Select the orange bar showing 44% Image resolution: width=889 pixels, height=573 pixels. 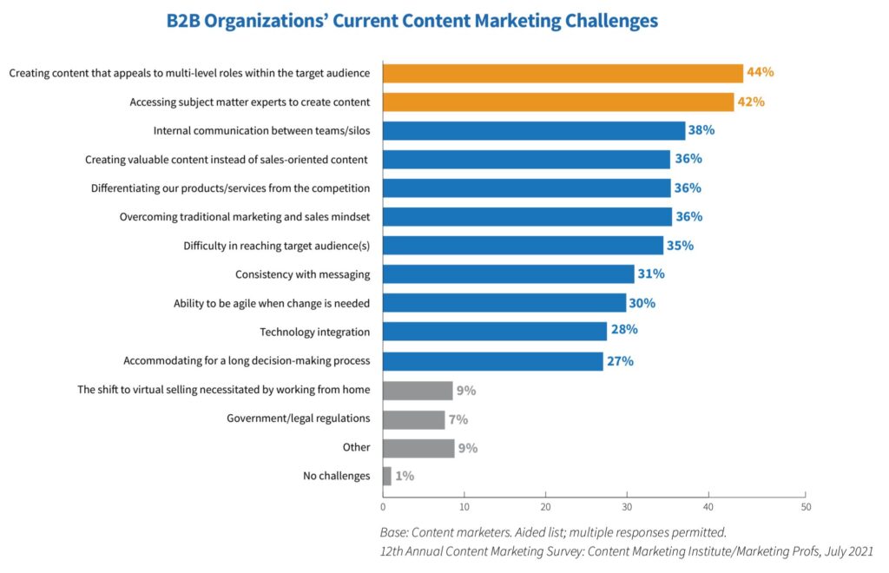[563, 73]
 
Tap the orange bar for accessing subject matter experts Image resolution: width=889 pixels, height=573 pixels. [558, 102]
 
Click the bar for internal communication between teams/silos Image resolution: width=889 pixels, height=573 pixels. [533, 131]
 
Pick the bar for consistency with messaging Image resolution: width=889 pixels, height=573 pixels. [508, 274]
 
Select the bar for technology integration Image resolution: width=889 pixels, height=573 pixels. [495, 331]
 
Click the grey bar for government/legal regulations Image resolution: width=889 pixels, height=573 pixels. [413, 419]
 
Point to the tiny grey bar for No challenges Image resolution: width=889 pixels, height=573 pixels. [387, 476]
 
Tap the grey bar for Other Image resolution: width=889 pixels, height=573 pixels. [418, 448]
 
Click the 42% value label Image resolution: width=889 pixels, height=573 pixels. [751, 102]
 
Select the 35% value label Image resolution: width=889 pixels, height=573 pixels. [680, 246]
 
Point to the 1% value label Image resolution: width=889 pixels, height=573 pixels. [405, 476]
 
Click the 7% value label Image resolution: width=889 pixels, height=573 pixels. [457, 419]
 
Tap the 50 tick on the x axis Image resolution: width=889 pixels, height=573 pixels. [806, 506]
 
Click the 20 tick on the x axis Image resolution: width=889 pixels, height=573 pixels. [546, 506]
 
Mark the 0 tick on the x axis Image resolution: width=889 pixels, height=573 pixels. [383, 506]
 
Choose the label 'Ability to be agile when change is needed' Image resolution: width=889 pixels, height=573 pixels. [272, 303]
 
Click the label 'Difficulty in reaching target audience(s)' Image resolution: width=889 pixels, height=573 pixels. [276, 246]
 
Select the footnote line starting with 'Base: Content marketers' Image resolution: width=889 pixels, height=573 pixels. [552, 531]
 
